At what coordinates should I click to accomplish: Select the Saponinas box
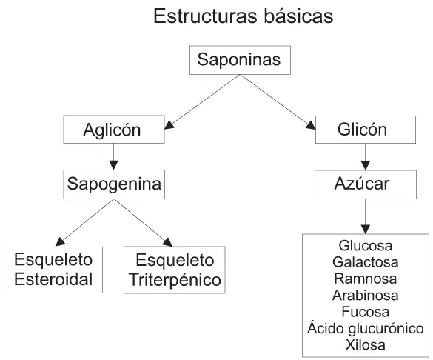pyautogui.click(x=238, y=61)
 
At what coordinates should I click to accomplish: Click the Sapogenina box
pyautogui.click(x=113, y=182)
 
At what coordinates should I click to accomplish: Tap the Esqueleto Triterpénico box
pyautogui.click(x=175, y=270)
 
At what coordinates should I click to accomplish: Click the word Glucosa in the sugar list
pyautogui.click(x=365, y=246)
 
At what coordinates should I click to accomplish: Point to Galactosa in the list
pyautogui.click(x=365, y=262)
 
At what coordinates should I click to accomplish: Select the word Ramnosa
pyautogui.click(x=365, y=279)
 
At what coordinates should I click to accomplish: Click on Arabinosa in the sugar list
pyautogui.click(x=365, y=296)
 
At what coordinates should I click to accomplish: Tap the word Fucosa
pyautogui.click(x=365, y=312)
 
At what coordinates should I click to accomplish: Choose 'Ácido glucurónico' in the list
pyautogui.click(x=365, y=328)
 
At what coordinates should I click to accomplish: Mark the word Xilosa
pyautogui.click(x=365, y=344)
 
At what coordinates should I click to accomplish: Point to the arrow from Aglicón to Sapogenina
pyautogui.click(x=113, y=156)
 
